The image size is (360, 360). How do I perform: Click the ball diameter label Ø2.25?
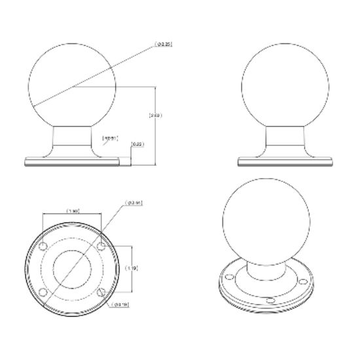pyautogui.click(x=164, y=45)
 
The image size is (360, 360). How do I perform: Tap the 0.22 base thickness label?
pyautogui.click(x=137, y=143)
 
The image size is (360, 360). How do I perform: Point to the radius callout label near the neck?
pyautogui.click(x=110, y=138)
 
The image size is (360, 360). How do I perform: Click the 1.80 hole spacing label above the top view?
pyautogui.click(x=74, y=210)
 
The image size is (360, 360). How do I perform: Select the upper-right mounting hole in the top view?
pyautogui.click(x=100, y=245)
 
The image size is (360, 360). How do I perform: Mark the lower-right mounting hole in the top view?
pyautogui.click(x=100, y=292)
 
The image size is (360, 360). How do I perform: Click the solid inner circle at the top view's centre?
pyautogui.click(x=71, y=268)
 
